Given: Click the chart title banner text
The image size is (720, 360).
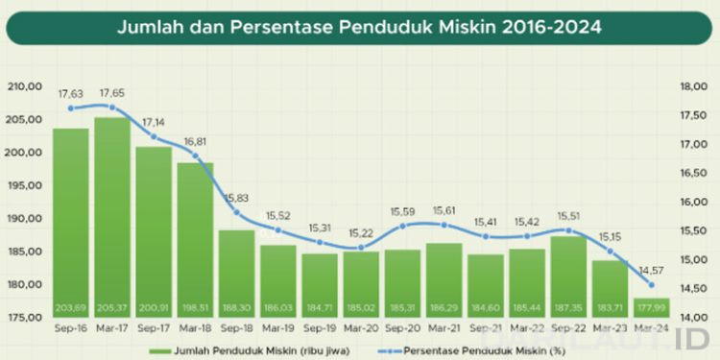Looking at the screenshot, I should pos(359,27).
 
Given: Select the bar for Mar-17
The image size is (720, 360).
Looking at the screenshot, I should pos(112,211).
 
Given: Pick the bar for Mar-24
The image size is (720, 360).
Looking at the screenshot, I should pos(652,307).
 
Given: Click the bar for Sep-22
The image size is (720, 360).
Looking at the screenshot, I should pos(568,274).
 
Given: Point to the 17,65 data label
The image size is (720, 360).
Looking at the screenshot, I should pos(112,94).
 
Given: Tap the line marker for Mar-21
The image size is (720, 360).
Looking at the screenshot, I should pos(444,225).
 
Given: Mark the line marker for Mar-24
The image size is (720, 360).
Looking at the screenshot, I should pos(652,285).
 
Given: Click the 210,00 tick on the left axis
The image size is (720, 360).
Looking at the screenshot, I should pos(27,86).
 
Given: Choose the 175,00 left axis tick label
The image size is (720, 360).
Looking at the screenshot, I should pos(27,317).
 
